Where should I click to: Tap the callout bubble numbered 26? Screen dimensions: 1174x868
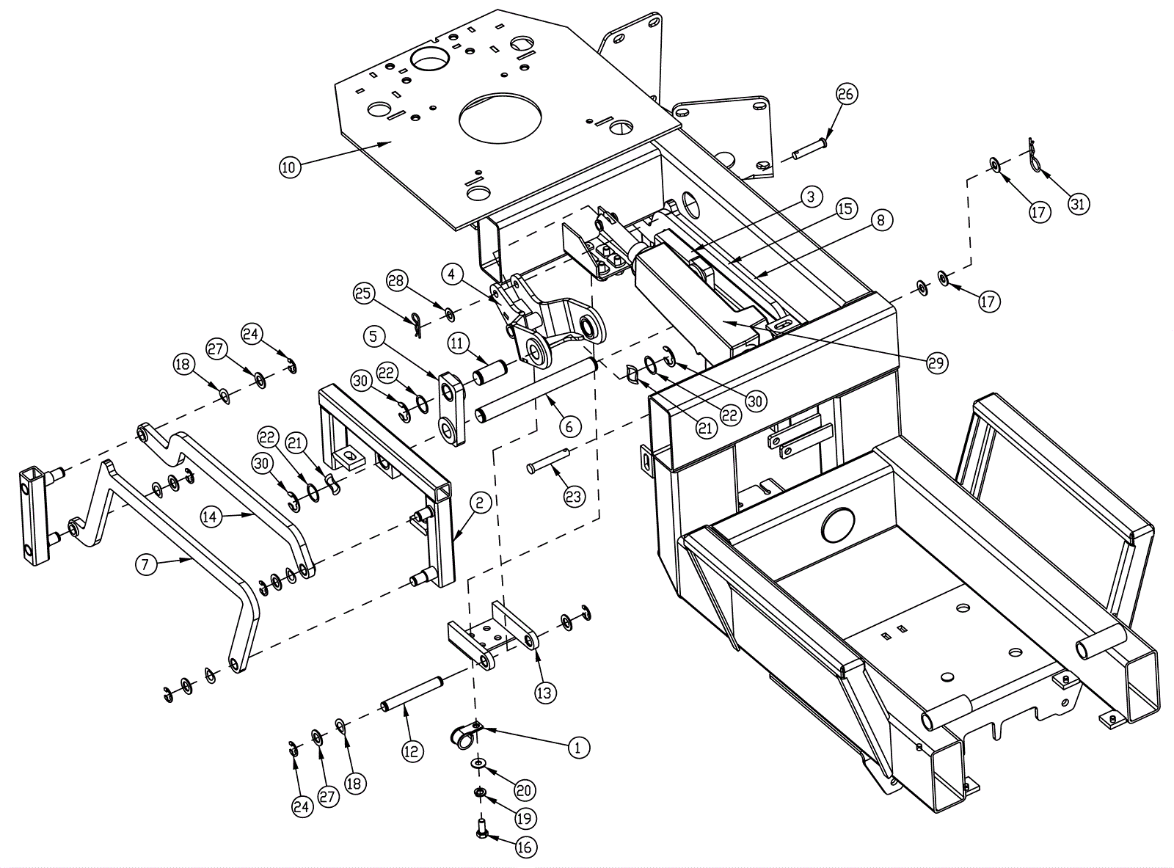[845, 94]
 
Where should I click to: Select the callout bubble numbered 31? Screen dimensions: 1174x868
[1078, 204]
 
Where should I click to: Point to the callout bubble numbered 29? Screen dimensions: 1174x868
[936, 362]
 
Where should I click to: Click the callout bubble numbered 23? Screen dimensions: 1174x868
[573, 497]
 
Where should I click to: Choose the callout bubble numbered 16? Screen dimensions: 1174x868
[524, 847]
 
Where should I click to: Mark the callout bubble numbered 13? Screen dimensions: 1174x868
[544, 693]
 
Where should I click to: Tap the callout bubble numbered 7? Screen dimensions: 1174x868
[146, 565]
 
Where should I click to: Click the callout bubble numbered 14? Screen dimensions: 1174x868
[211, 516]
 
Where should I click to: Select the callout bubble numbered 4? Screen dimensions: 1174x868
[451, 274]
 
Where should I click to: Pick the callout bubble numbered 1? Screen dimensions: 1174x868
[578, 748]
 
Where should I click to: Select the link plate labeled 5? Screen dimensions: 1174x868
[451, 409]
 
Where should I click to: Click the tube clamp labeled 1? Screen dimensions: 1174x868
[467, 735]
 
